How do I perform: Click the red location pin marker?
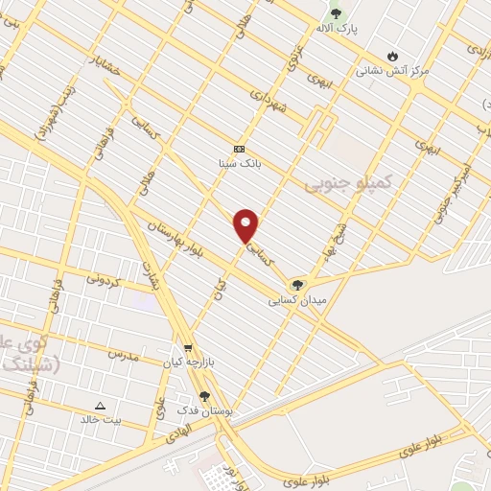[x=246, y=225]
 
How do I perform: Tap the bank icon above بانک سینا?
[x=239, y=149]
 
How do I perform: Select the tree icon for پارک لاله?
[x=336, y=14]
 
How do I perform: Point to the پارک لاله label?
[x=339, y=30]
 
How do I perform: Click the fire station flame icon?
[x=392, y=56]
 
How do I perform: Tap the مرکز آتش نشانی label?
[x=392, y=70]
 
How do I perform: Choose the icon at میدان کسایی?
[x=297, y=285]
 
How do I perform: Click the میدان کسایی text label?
[x=300, y=300]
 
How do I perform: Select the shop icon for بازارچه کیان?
[x=188, y=349]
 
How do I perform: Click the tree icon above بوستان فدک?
[x=203, y=395]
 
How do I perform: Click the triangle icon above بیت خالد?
[x=100, y=405]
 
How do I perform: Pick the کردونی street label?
[x=106, y=280]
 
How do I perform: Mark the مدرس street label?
[x=124, y=355]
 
